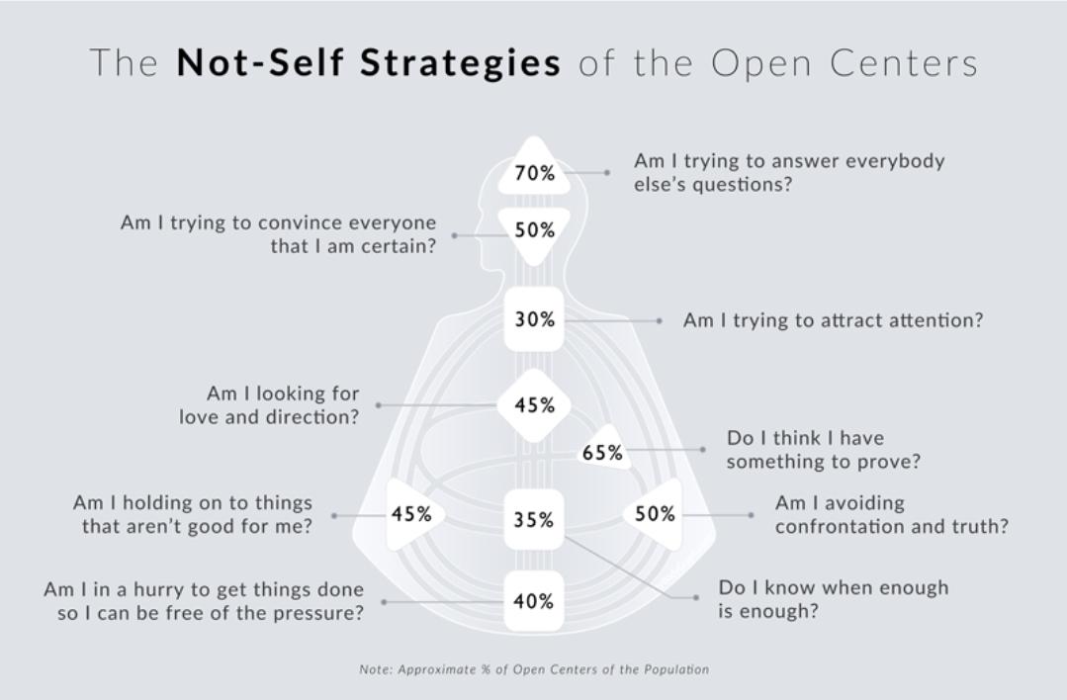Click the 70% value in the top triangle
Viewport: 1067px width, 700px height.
tap(534, 173)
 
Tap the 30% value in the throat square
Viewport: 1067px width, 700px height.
tap(534, 320)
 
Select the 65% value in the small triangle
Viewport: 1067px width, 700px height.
tap(602, 453)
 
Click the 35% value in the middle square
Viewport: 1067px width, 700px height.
tap(534, 519)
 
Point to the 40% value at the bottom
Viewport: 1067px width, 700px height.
tap(534, 601)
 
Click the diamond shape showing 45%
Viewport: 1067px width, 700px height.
tap(534, 405)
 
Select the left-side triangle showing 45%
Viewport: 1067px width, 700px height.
tap(411, 514)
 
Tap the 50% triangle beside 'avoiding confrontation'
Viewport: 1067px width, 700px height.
tap(655, 514)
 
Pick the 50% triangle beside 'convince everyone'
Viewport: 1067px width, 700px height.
tap(534, 230)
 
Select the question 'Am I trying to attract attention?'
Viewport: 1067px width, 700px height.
tap(833, 320)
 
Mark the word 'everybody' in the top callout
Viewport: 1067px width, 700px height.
tap(895, 160)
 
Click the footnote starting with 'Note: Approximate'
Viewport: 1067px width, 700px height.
tap(534, 669)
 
